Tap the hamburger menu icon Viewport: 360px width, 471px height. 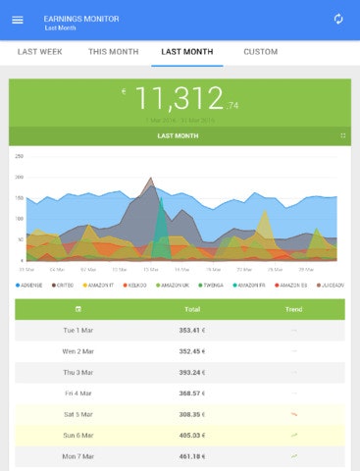pyautogui.click(x=17, y=20)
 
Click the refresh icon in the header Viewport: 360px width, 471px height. pyautogui.click(x=338, y=20)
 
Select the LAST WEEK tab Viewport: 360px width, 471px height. pyautogui.click(x=41, y=52)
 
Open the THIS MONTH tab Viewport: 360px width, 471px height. pyautogui.click(x=113, y=52)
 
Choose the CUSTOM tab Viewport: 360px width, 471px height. pyautogui.click(x=260, y=52)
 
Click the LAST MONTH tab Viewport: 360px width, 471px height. pyautogui.click(x=186, y=52)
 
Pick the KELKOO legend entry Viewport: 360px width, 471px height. pyautogui.click(x=135, y=285)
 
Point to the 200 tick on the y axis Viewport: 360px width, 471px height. pyautogui.click(x=19, y=178)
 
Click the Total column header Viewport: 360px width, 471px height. pyautogui.click(x=192, y=309)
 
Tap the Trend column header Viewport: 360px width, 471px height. pyautogui.click(x=293, y=309)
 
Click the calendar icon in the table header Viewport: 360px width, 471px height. pyautogui.click(x=78, y=309)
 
